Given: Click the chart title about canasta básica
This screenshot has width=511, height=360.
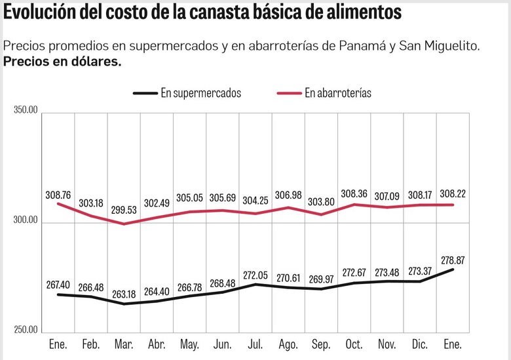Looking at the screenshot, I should pos(202,12).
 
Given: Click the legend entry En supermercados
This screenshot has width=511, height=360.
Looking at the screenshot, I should pos(200,93).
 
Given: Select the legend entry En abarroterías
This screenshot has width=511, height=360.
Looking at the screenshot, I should pos(337,93).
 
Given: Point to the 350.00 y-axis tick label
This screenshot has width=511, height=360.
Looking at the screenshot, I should pos(26,108).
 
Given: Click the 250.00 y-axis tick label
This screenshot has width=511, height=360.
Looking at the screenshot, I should pos(26,330).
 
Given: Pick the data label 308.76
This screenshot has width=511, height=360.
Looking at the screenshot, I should pos(58,195).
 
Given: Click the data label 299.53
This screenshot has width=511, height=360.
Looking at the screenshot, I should pos(124,209).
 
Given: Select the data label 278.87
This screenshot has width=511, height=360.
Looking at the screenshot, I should pos(452,260).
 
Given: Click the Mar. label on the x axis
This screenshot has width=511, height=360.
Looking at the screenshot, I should pos(124,344).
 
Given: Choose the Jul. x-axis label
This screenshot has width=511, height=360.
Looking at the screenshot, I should pos(255,344).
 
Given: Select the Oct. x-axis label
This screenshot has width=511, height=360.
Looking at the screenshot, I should pos(354,344).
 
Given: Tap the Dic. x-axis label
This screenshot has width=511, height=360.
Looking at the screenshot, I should pos(419,344).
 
